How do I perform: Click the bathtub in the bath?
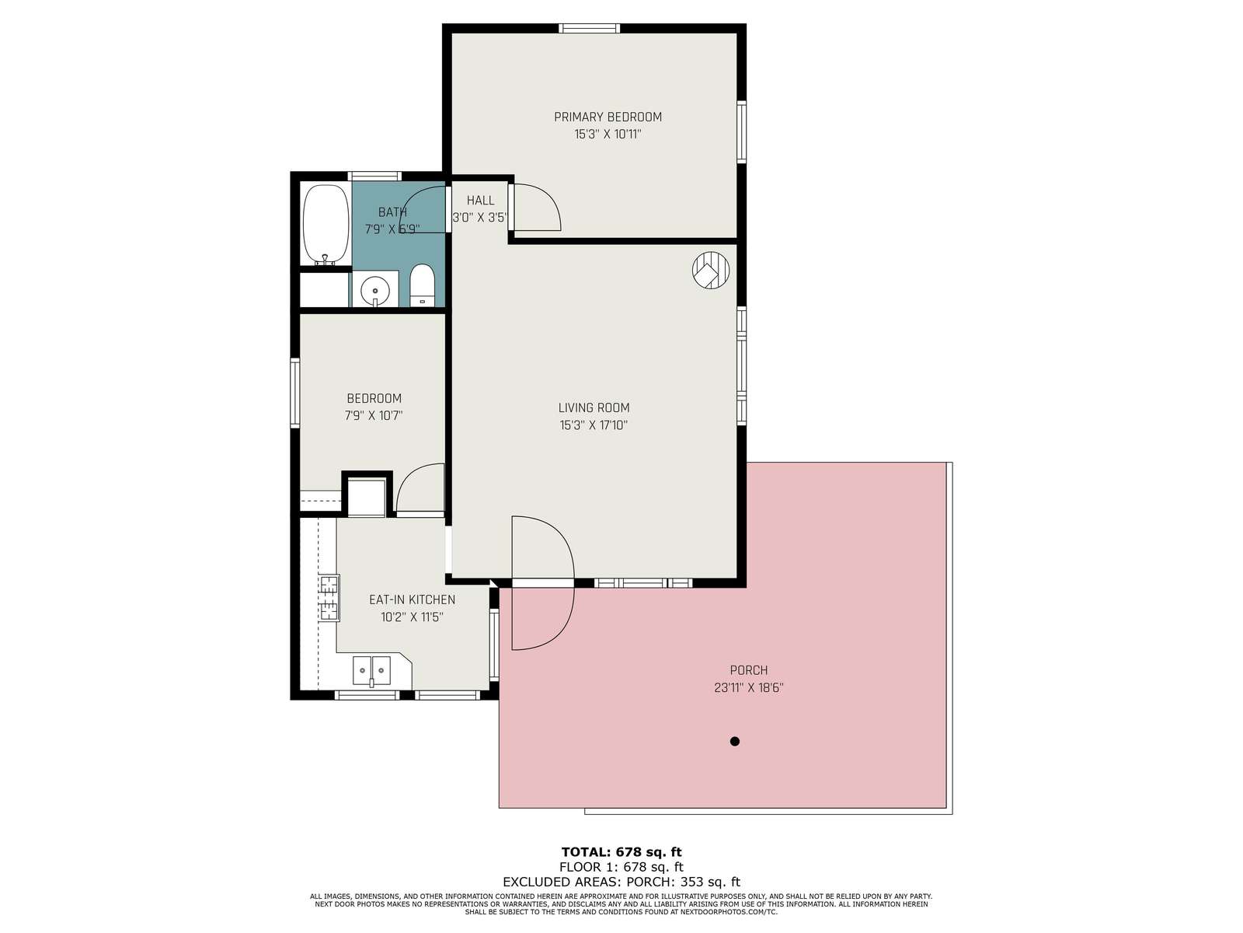click(326, 225)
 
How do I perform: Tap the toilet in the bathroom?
click(421, 285)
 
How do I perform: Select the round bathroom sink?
click(375, 291)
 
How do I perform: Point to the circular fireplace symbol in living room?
click(711, 271)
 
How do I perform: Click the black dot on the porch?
click(734, 741)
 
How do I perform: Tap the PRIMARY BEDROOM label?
click(608, 117)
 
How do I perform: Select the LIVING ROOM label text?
click(594, 407)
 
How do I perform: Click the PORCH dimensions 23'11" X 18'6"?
click(749, 688)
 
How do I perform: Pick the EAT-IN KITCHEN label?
click(412, 599)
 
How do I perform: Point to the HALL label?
click(480, 200)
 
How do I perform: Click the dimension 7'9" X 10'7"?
click(374, 416)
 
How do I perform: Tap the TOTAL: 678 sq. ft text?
click(621, 851)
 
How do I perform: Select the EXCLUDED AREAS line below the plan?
click(621, 882)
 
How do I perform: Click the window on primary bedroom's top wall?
click(589, 28)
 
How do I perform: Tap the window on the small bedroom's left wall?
click(294, 393)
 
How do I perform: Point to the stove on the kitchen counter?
click(329, 598)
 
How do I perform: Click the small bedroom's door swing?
click(420, 488)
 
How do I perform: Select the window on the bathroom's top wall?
click(374, 176)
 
